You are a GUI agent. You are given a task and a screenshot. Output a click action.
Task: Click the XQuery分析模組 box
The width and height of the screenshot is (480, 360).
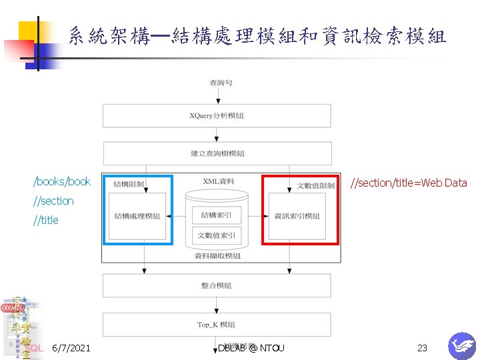click(217, 115)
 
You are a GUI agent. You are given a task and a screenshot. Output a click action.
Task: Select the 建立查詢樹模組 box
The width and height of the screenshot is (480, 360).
click(217, 153)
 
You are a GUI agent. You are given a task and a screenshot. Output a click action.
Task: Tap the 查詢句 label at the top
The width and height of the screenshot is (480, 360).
click(221, 83)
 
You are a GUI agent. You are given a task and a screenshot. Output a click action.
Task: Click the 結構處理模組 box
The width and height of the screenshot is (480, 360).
click(137, 216)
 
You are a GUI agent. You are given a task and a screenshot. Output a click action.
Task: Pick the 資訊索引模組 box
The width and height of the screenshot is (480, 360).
click(297, 216)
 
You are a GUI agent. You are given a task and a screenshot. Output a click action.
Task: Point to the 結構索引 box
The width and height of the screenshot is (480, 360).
click(217, 215)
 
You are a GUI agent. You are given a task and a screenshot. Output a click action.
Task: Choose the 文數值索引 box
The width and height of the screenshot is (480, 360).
click(217, 235)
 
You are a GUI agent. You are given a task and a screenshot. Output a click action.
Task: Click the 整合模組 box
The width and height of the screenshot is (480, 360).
click(217, 285)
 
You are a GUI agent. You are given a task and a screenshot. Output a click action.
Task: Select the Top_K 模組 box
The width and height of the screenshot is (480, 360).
click(217, 325)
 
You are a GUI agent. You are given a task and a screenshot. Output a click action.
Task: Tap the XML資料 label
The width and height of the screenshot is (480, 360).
click(219, 181)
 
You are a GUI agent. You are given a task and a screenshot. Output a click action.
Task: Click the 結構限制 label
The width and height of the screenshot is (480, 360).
click(129, 184)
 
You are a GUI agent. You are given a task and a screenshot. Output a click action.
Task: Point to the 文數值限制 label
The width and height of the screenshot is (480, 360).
click(315, 185)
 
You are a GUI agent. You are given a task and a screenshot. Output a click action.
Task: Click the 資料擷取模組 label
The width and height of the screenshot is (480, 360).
click(217, 256)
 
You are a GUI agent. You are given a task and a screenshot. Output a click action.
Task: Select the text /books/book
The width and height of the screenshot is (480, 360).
click(62, 182)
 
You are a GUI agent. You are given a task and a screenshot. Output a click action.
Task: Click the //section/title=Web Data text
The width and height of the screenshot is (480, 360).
click(409, 183)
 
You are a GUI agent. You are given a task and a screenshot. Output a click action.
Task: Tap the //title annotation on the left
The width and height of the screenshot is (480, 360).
click(46, 221)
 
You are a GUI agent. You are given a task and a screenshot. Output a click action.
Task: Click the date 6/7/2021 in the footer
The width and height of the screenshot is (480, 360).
click(71, 348)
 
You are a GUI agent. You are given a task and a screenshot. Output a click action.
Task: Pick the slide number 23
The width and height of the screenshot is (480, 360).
click(422, 348)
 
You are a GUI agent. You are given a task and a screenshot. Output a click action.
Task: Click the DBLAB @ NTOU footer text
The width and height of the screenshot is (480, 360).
click(251, 348)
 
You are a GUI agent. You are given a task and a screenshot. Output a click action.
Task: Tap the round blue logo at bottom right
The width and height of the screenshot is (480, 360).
click(461, 345)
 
